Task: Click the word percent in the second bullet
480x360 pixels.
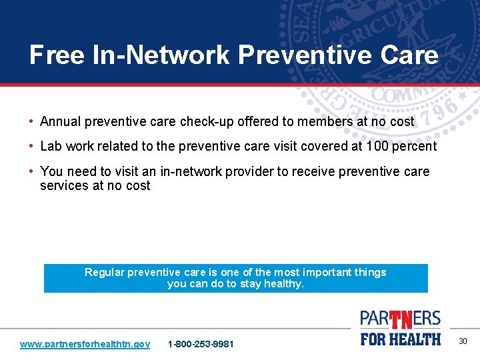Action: click(413, 147)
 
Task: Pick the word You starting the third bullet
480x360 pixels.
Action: click(51, 171)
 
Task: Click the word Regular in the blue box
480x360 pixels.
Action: click(104, 272)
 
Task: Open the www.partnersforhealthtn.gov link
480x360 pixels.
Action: click(85, 344)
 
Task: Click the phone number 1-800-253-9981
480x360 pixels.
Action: click(201, 344)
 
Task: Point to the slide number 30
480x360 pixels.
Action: click(463, 341)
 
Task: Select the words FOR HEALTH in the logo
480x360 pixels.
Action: click(401, 339)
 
